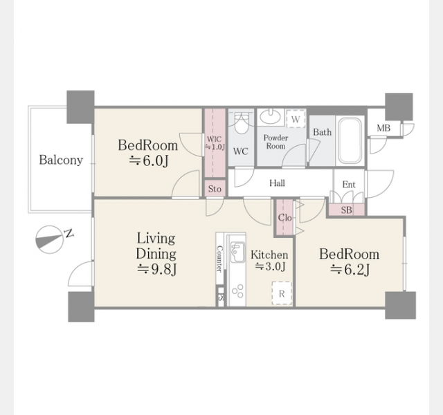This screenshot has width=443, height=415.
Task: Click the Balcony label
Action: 61,160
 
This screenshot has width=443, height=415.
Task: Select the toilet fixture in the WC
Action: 241,123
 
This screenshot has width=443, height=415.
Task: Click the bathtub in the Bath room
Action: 350,140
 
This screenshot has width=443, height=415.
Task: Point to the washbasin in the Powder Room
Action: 270,116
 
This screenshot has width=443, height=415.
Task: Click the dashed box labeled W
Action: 296,119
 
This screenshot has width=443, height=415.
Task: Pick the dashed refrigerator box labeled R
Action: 282,293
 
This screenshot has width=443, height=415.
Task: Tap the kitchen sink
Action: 237,252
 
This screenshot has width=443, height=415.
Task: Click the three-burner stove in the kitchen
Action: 237,291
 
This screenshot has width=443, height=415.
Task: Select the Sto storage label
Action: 215,189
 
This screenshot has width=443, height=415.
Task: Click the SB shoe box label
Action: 346,210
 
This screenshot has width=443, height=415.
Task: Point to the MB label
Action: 383,128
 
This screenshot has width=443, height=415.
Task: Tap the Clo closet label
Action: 284,218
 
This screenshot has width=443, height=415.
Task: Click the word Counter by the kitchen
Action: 219,259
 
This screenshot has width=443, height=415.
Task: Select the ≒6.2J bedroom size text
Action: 350,270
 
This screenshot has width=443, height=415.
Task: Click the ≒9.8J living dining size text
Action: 157,269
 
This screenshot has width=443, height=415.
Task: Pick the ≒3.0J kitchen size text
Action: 270,266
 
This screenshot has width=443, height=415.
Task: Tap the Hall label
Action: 277,183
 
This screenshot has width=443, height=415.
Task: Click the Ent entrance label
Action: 349,185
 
